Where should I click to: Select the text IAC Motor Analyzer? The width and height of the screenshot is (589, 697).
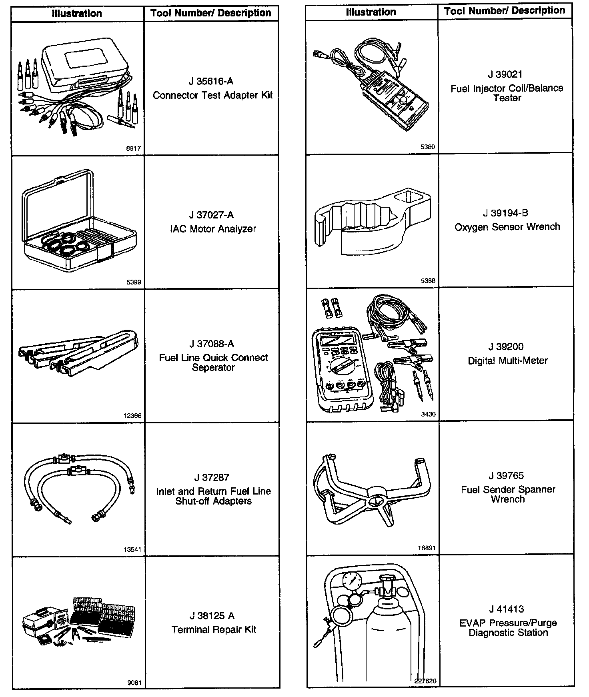coord(213,229)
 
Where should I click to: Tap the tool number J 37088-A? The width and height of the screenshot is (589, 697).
coord(211,344)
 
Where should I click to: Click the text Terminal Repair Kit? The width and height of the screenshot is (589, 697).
coord(214,629)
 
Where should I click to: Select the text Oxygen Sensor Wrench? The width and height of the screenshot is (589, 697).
coord(507,227)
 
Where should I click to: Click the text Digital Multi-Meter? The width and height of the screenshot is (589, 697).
coord(507,361)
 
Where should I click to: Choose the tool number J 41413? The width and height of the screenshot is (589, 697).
coord(506,609)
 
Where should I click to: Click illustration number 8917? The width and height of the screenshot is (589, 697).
coord(133,148)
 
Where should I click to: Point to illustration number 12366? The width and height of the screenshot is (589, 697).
coord(132,416)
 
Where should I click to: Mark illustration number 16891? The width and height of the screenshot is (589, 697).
coord(427,548)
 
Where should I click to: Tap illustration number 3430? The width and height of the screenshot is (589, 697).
coord(428,414)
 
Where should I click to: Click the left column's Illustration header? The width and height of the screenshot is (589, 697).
coord(77,13)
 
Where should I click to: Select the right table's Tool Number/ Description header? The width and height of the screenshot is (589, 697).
coord(505,11)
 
